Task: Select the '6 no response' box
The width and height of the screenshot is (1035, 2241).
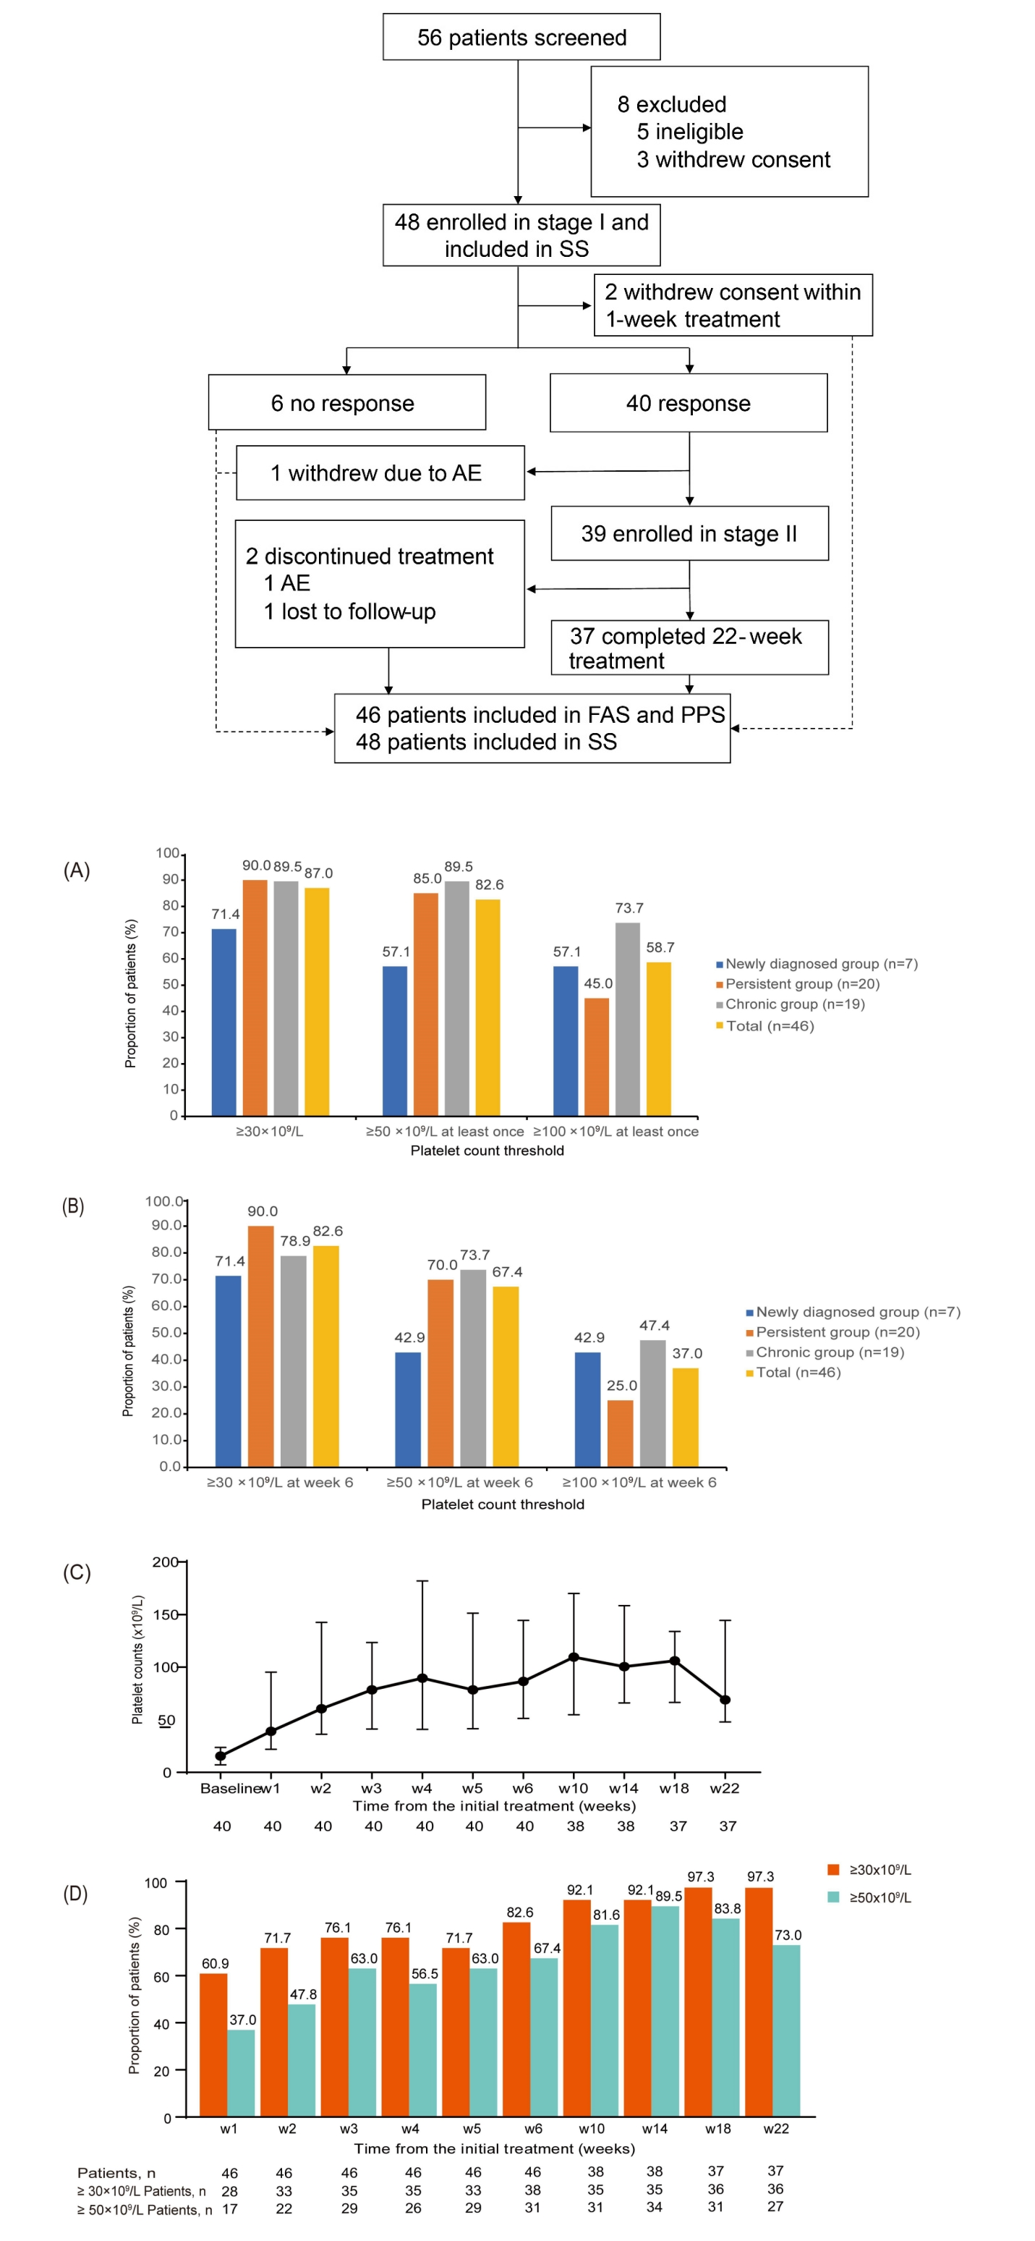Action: click(346, 403)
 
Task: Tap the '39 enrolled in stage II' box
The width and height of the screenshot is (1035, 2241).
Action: click(689, 533)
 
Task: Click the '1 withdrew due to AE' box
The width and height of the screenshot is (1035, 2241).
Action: click(380, 473)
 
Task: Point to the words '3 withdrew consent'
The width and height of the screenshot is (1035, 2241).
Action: click(733, 159)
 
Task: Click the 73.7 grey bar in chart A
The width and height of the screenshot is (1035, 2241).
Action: click(627, 1019)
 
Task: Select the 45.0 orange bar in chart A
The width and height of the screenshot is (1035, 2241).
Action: click(597, 1056)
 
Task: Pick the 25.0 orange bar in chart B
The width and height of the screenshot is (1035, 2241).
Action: click(620, 1433)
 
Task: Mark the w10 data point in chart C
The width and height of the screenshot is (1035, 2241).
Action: click(573, 1657)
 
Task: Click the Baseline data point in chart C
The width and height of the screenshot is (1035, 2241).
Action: click(221, 1755)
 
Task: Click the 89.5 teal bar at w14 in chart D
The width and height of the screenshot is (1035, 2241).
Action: click(665, 2010)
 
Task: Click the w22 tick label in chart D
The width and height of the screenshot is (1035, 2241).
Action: click(776, 2129)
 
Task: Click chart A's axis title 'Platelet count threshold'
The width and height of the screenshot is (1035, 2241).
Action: click(487, 1150)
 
